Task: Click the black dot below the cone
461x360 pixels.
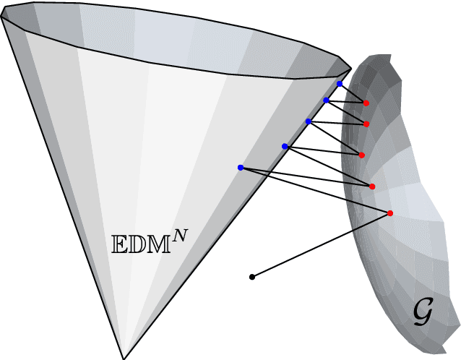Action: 251,277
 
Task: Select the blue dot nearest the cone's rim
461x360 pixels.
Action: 340,84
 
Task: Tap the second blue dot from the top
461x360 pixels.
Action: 327,100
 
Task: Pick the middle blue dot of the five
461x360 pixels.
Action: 309,121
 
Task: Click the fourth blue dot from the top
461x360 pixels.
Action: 285,146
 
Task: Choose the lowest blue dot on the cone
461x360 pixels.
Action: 241,167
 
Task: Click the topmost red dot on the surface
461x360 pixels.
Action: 366,103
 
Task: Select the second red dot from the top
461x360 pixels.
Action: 367,124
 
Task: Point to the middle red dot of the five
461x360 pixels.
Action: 361,155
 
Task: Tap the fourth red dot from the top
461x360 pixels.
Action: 372,187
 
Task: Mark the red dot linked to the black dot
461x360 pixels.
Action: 390,213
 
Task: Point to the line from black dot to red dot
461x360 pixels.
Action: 321,245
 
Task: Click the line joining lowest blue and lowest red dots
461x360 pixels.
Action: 315,189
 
